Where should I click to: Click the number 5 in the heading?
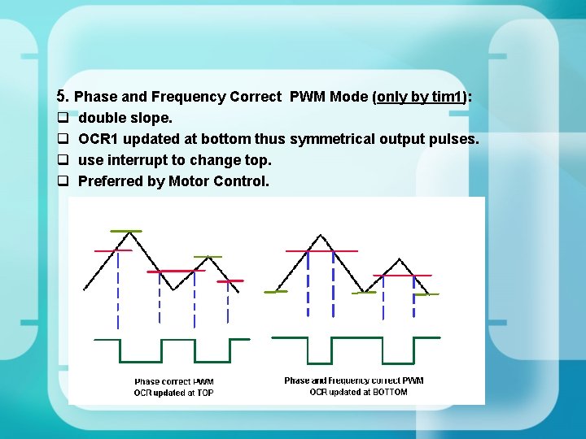[61, 97]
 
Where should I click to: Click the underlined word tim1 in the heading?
[447, 97]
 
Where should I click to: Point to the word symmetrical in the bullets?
[331, 139]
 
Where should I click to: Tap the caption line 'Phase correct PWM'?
[173, 381]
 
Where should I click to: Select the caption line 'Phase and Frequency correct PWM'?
[353, 380]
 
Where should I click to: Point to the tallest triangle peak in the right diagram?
[322, 237]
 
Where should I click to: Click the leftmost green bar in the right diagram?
[276, 291]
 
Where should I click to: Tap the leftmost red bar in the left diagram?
[113, 250]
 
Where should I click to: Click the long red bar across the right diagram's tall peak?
[321, 251]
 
